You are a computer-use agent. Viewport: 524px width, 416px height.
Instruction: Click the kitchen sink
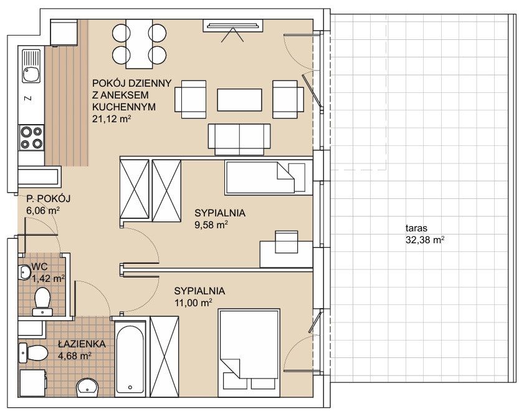[x=31, y=66]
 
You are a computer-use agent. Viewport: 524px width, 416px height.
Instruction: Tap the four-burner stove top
[x=32, y=137]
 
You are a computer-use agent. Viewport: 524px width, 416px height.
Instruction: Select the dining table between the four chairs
[x=140, y=44]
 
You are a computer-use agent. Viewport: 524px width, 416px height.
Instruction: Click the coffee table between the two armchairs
[x=239, y=100]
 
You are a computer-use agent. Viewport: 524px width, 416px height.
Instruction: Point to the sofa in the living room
[x=239, y=139]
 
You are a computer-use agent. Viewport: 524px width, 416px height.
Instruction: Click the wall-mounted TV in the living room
[x=233, y=26]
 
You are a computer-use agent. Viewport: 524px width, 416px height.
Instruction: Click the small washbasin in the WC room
[x=24, y=271]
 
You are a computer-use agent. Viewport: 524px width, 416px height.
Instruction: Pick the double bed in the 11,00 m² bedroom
[x=249, y=353]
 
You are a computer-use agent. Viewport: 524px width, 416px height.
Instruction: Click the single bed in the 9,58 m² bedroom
[x=266, y=177]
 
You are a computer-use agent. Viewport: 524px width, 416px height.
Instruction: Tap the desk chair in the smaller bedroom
[x=287, y=241]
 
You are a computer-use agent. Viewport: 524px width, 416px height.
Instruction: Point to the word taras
[x=416, y=229]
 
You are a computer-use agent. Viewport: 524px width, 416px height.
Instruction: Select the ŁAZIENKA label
[x=82, y=344]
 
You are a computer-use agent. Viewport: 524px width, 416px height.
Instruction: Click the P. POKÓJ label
[x=49, y=199]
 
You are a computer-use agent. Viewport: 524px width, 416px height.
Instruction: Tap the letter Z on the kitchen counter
[x=29, y=99]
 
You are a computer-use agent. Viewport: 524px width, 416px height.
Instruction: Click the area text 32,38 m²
[x=425, y=240]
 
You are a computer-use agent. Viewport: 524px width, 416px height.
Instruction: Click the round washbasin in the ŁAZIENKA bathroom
[x=88, y=388]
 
